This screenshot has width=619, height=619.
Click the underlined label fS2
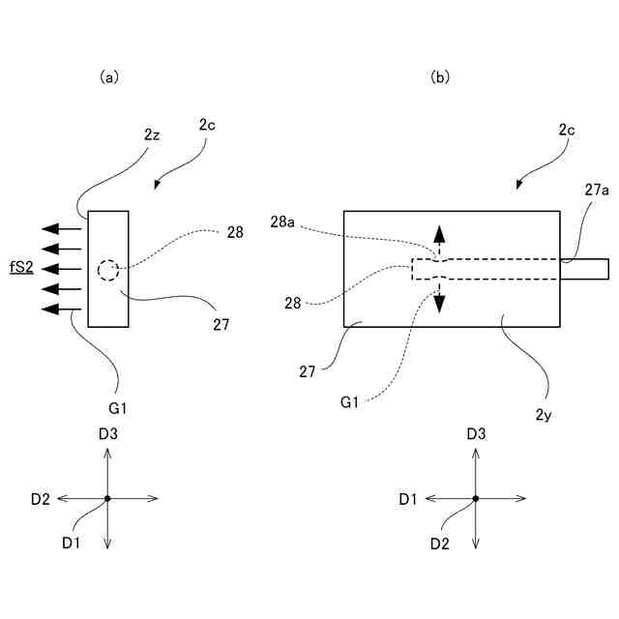[x=21, y=268]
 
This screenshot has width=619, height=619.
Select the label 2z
[x=152, y=135]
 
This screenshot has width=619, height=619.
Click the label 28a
[x=282, y=221]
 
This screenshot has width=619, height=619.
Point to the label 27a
[x=597, y=191]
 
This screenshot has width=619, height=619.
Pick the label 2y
[x=544, y=415]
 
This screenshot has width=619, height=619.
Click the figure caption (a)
[x=109, y=77]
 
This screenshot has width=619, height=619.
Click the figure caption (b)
[x=440, y=77]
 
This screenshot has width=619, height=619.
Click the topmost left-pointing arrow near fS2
[x=62, y=228]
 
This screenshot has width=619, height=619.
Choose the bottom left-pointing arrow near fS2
[x=62, y=309]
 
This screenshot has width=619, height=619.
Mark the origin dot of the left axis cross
[x=107, y=499]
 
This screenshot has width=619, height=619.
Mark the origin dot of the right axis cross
[x=476, y=499]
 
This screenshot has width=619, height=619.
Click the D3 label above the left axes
[x=108, y=434]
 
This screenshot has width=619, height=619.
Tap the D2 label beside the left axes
[x=41, y=499]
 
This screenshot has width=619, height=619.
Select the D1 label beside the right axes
[x=408, y=499]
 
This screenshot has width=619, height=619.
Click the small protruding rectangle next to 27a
[x=584, y=269]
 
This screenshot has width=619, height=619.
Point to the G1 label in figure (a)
[x=118, y=408]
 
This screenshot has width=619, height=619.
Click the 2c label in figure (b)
[x=567, y=130]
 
